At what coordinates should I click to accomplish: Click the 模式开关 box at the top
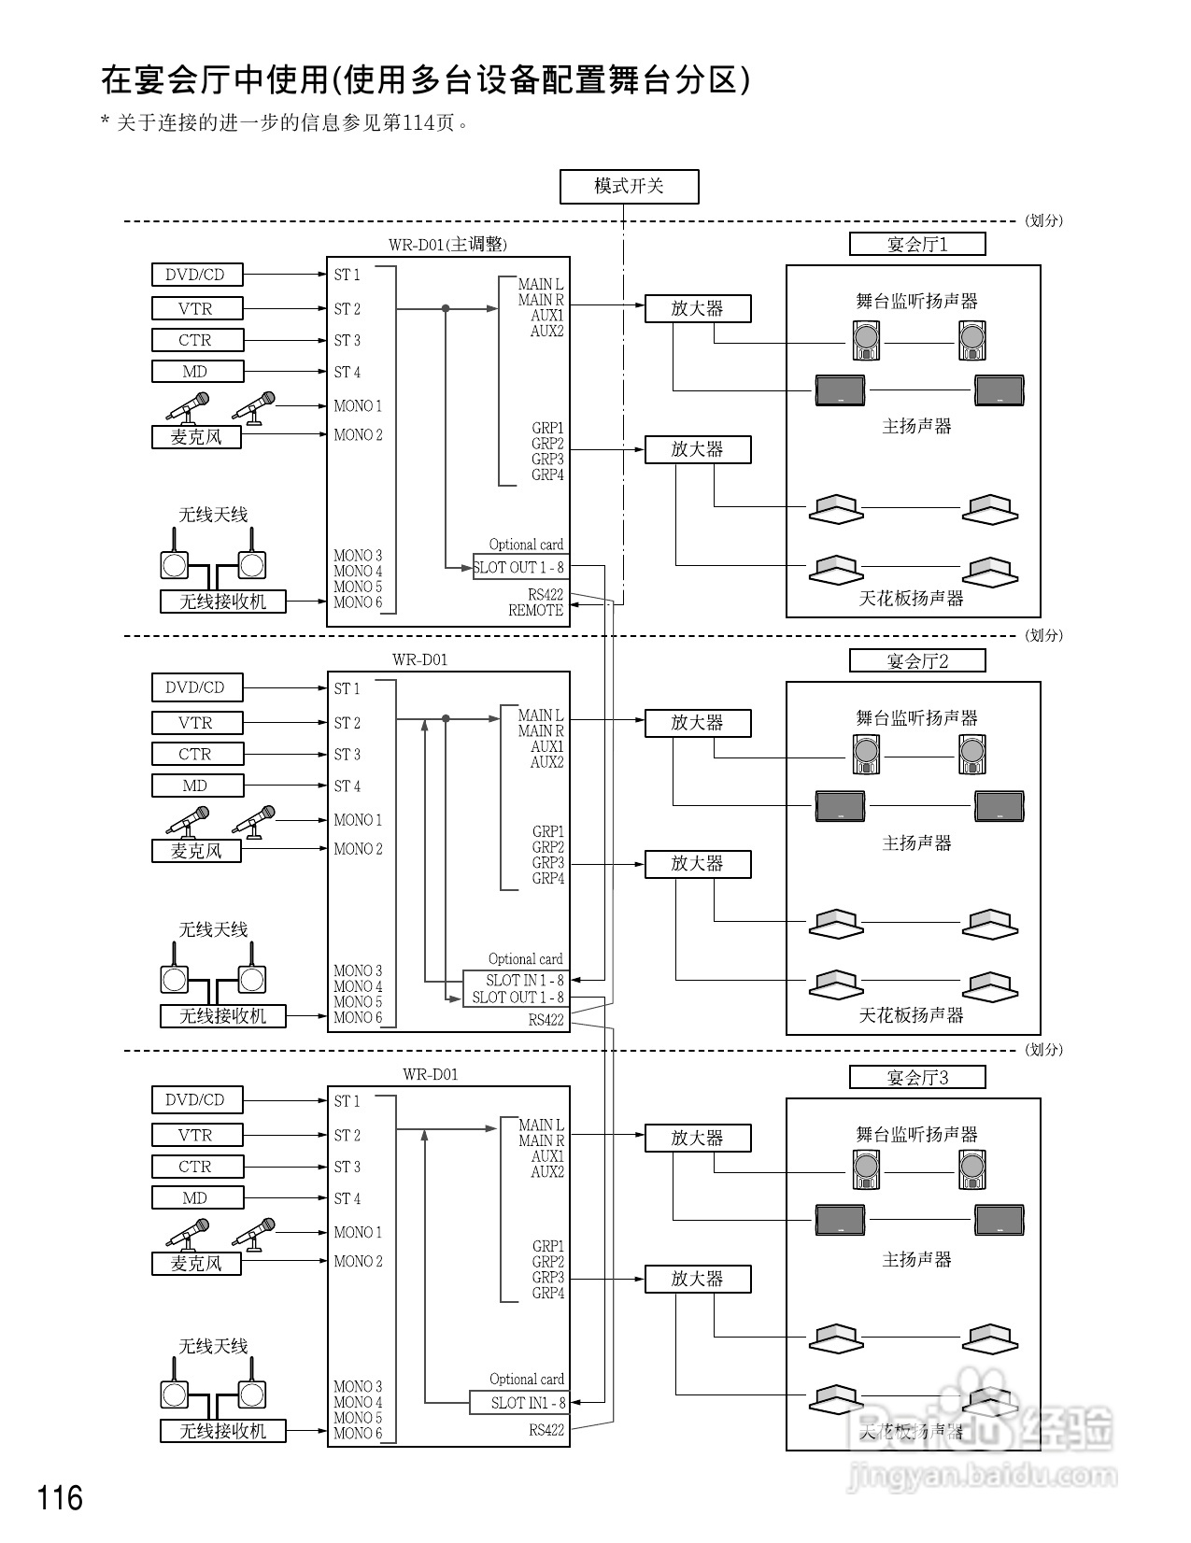[x=629, y=187]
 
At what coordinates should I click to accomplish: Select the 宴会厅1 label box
[x=917, y=245]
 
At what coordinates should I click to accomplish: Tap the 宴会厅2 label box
[x=917, y=661]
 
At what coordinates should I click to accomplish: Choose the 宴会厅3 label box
[x=917, y=1078]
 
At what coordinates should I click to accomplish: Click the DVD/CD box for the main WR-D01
[x=196, y=275]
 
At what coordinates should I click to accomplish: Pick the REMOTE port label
[x=536, y=611]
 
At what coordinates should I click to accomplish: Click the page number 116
[x=61, y=1498]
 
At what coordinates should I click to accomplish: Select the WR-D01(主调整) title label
[x=447, y=245]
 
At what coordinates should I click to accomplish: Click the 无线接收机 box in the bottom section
[x=222, y=1431]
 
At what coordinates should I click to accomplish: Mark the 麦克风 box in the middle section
[x=196, y=851]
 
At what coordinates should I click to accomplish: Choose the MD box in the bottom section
[x=196, y=1198]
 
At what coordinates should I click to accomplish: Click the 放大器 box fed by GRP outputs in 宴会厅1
[x=698, y=449]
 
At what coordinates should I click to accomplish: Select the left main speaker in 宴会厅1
[x=840, y=389]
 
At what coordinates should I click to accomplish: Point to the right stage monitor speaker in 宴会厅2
[x=972, y=754]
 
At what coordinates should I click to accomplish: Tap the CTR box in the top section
[x=196, y=340]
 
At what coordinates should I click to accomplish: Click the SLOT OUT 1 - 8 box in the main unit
[x=519, y=567]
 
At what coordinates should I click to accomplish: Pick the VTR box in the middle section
[x=196, y=723]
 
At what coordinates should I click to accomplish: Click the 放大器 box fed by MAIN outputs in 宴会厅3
[x=698, y=1138]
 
